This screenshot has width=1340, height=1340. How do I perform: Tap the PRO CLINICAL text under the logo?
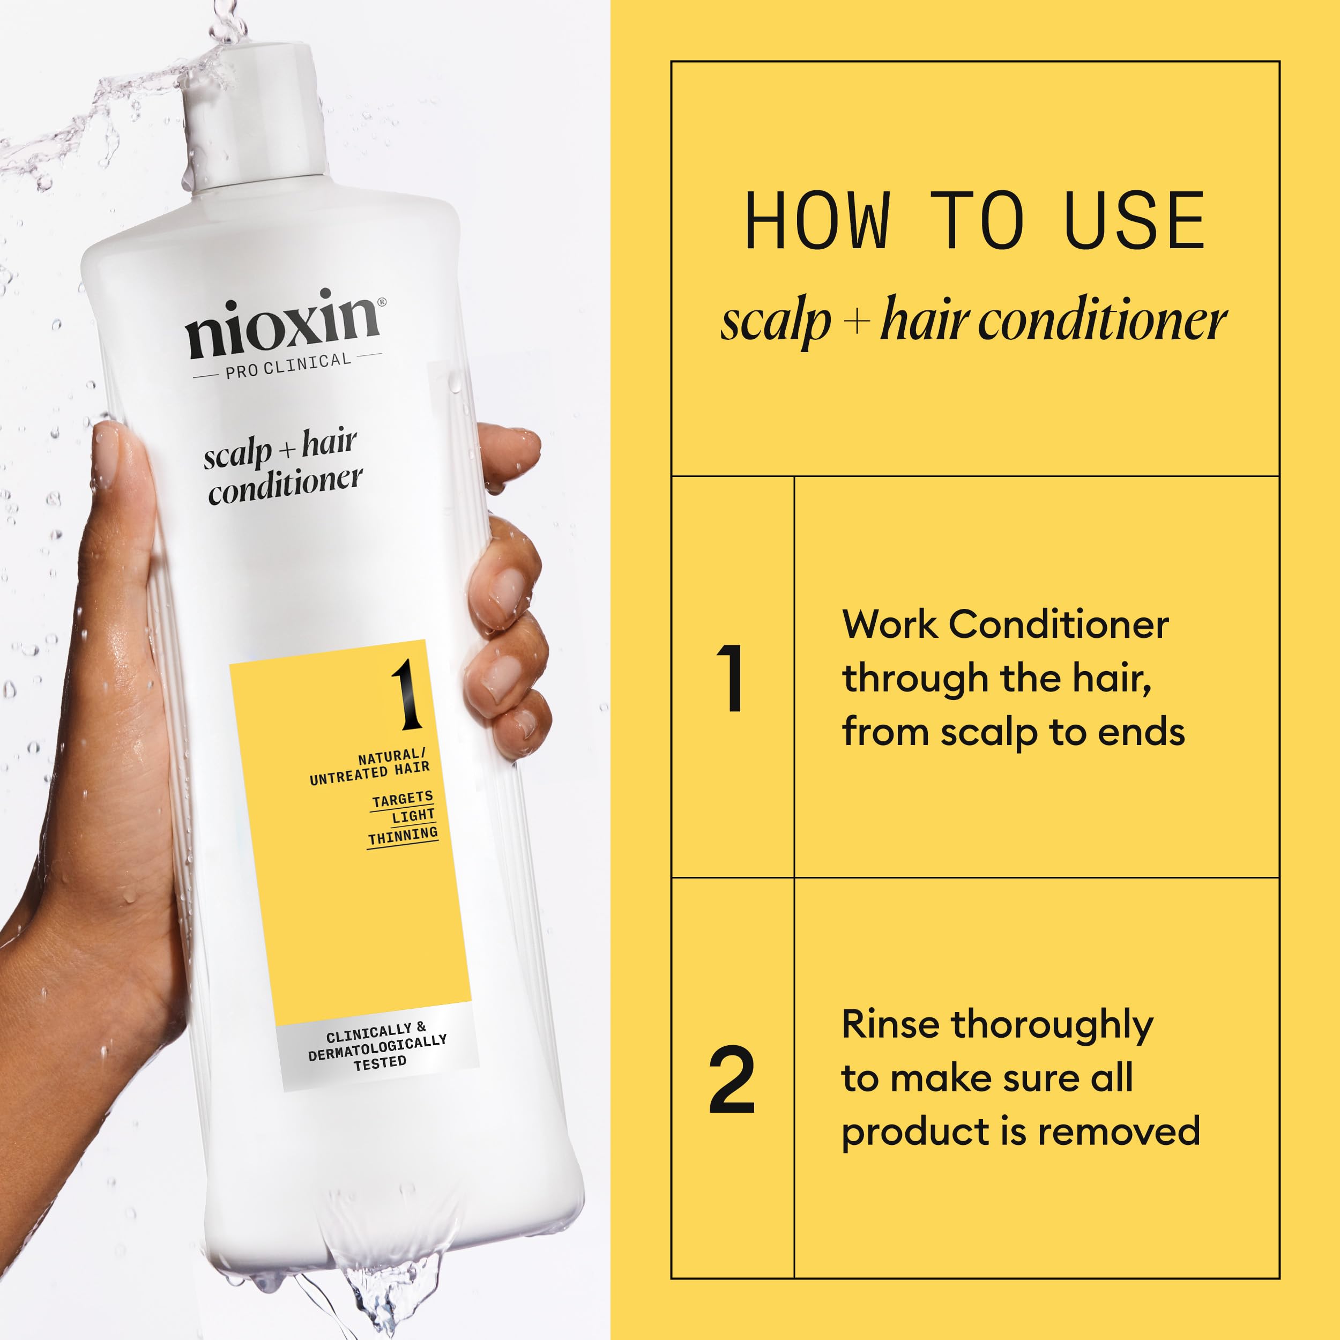tap(288, 366)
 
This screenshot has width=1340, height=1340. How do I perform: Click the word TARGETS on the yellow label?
tap(403, 799)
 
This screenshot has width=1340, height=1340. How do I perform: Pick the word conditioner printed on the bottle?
tap(285, 486)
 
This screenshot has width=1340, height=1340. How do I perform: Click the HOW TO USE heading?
tap(974, 221)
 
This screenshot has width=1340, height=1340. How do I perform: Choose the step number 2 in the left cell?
tap(732, 1081)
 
